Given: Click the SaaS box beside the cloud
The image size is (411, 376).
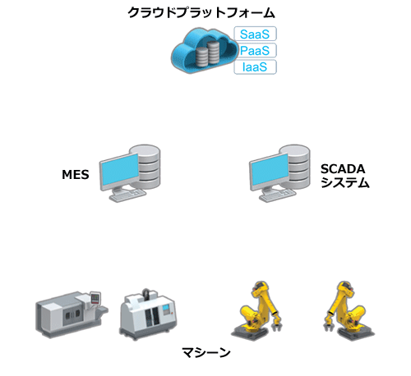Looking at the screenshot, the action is (x=255, y=34).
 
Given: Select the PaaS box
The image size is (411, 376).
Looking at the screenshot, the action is (x=255, y=50).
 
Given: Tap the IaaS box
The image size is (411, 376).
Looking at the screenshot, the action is (x=255, y=67).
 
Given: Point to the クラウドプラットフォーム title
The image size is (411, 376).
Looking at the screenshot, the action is (x=201, y=12).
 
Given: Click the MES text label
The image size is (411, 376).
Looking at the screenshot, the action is (x=76, y=175).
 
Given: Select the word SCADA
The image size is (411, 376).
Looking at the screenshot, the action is (x=343, y=169).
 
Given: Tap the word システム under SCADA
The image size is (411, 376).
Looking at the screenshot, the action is (x=345, y=182).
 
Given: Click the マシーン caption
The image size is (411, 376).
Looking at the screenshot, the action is (x=206, y=352).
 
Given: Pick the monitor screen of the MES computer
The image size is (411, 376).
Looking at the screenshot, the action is (x=119, y=170).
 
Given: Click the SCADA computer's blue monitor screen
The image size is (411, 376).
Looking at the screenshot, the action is (x=270, y=170).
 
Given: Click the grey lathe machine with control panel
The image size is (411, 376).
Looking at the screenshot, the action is (x=72, y=314).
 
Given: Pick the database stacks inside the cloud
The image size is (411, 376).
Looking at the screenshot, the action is (x=208, y=53).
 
